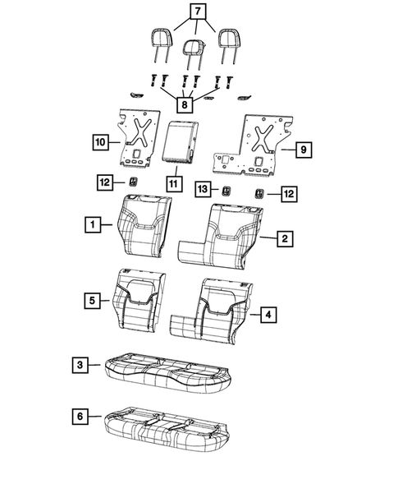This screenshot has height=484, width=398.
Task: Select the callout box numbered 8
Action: tap(186, 105)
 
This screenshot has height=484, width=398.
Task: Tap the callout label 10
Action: tap(99, 142)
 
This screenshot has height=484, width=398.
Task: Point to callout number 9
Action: tap(303, 150)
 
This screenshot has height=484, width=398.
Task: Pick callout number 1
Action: tap(96, 224)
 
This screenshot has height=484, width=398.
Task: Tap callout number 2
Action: tap(283, 238)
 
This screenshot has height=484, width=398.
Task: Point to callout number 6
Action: tap(78, 417)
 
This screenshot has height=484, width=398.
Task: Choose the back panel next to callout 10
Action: tap(135, 136)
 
